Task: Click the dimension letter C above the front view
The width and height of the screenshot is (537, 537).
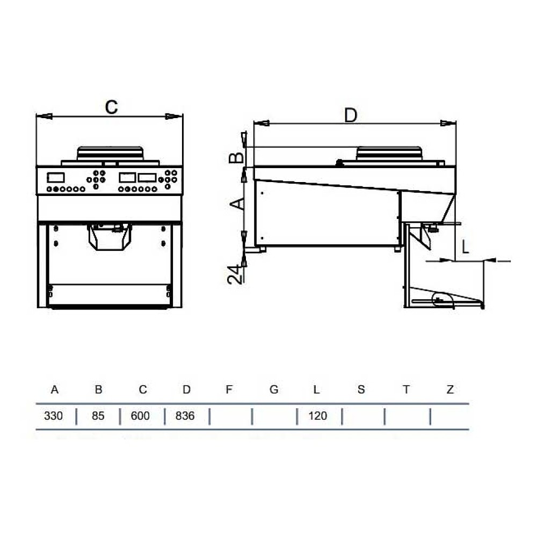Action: click(111, 107)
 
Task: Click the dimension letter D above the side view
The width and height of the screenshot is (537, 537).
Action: click(351, 115)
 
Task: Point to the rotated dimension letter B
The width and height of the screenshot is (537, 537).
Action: click(237, 158)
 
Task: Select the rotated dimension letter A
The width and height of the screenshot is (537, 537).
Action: click(237, 204)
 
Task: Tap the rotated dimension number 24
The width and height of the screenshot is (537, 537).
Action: click(235, 274)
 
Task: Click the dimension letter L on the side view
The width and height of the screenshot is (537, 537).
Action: click(465, 246)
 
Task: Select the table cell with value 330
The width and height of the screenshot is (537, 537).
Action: click(53, 416)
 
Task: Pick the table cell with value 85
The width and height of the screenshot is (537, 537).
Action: click(98, 416)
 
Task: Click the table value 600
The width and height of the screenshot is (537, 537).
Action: click(140, 416)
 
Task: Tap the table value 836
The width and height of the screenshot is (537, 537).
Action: click(185, 416)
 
